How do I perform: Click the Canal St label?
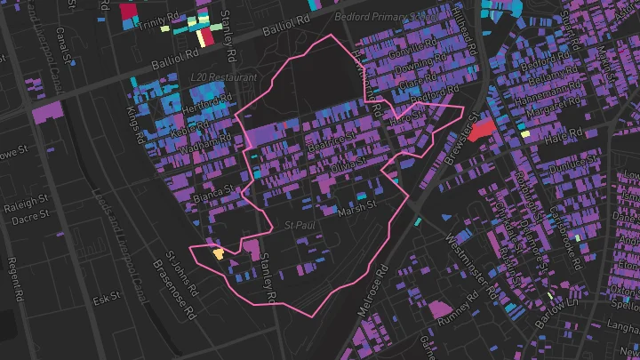[x=61, y=38]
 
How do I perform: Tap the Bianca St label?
[x=215, y=190]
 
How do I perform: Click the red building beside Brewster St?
[x=483, y=131]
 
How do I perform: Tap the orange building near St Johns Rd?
[x=218, y=253]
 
